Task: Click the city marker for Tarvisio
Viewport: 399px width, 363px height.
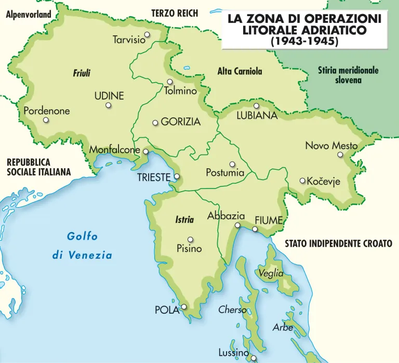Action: click(x=148, y=35)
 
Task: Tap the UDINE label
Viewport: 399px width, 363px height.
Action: click(x=109, y=96)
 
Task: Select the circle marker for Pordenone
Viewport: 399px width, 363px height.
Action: click(x=46, y=120)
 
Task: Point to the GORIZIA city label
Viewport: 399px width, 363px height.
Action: click(x=180, y=122)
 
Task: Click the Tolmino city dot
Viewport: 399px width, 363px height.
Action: click(x=170, y=82)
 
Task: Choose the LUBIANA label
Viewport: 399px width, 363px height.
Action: click(x=257, y=116)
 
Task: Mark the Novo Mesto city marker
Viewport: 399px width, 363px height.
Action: click(x=340, y=154)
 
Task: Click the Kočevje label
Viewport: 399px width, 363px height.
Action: click(x=323, y=181)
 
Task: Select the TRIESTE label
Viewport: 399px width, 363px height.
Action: click(x=154, y=178)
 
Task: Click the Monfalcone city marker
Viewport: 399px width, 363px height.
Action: click(x=146, y=152)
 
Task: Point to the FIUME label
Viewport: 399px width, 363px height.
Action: click(x=269, y=220)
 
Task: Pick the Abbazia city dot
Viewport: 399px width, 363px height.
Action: click(x=237, y=225)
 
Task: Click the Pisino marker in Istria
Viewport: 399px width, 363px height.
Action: click(x=191, y=239)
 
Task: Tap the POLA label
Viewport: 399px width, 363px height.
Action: click(x=167, y=311)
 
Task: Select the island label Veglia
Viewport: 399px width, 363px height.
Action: click(x=271, y=273)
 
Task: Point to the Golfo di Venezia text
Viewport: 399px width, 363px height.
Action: click(x=82, y=246)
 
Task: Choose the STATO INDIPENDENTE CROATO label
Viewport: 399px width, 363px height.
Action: click(x=338, y=243)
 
